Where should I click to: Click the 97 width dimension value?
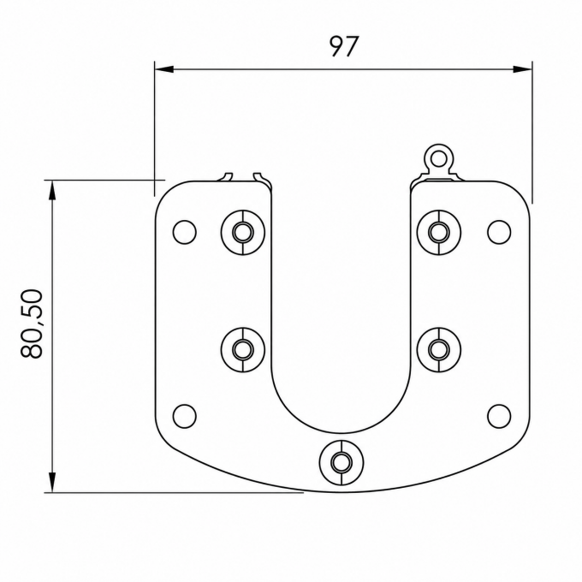[344, 46]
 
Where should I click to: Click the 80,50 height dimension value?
[32, 324]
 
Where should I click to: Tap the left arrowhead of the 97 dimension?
[164, 69]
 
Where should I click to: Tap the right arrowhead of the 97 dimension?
[522, 69]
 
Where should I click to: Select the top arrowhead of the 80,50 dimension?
[52, 190]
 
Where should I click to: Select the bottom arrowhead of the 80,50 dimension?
[52, 483]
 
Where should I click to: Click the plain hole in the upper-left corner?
[185, 232]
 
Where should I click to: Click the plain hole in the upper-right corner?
[499, 232]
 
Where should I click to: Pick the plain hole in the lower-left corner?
[185, 416]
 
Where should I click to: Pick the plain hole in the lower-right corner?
[499, 416]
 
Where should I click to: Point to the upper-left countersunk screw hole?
[243, 232]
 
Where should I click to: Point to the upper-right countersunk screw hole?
[439, 232]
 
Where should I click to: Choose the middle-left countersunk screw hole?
[243, 350]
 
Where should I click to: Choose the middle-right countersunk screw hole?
[439, 350]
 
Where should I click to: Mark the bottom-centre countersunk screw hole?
[341, 462]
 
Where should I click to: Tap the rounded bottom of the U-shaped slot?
[341, 433]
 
